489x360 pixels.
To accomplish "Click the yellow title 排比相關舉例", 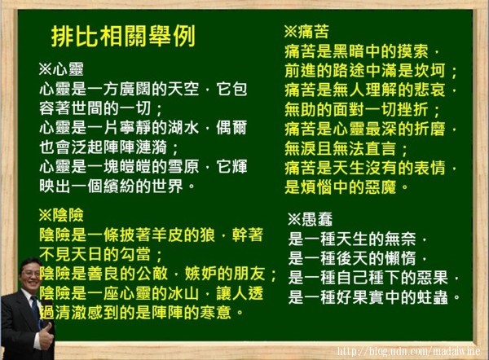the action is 124,36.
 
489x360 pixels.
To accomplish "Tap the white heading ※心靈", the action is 61,69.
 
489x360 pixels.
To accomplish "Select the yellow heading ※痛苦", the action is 306,31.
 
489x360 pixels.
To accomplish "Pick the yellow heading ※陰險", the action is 61,215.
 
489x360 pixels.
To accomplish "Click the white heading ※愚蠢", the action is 311,219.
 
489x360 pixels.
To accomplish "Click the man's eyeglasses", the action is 32,273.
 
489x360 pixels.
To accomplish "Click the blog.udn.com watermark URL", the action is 408,351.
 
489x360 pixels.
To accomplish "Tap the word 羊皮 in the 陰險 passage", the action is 167,235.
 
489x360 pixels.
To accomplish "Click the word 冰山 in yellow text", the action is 183,293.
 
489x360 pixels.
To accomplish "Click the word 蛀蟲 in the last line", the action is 433,297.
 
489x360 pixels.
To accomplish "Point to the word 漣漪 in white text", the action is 152,147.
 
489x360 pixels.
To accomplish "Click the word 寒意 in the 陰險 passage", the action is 215,313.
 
